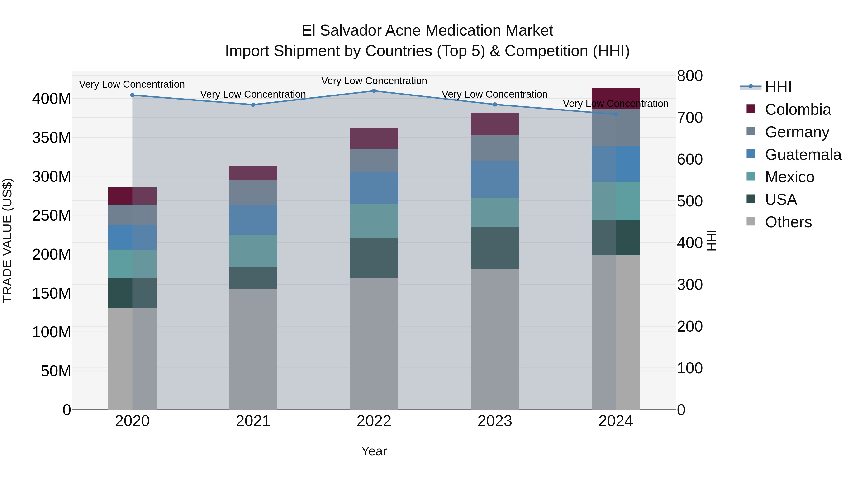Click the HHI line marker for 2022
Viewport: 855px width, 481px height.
coord(374,91)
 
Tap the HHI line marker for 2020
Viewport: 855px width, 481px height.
coord(133,95)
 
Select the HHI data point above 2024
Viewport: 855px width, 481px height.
coord(616,114)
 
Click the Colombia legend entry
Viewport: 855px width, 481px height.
coord(798,110)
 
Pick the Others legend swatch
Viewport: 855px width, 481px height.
coord(750,221)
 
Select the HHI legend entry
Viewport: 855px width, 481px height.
coord(778,87)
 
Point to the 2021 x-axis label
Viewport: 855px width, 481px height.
coord(253,421)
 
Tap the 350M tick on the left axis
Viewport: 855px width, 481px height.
coord(52,138)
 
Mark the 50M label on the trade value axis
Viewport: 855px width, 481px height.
coord(56,371)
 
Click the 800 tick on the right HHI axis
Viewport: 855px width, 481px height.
coord(690,76)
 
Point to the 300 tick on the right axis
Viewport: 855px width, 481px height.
coord(690,285)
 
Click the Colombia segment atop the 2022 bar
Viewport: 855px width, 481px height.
coord(374,138)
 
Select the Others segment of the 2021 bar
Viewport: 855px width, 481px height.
coord(253,348)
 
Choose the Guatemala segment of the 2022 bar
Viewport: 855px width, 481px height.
coord(374,188)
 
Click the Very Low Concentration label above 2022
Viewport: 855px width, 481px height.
coord(374,81)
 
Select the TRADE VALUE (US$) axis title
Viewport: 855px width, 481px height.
coord(7,240)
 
